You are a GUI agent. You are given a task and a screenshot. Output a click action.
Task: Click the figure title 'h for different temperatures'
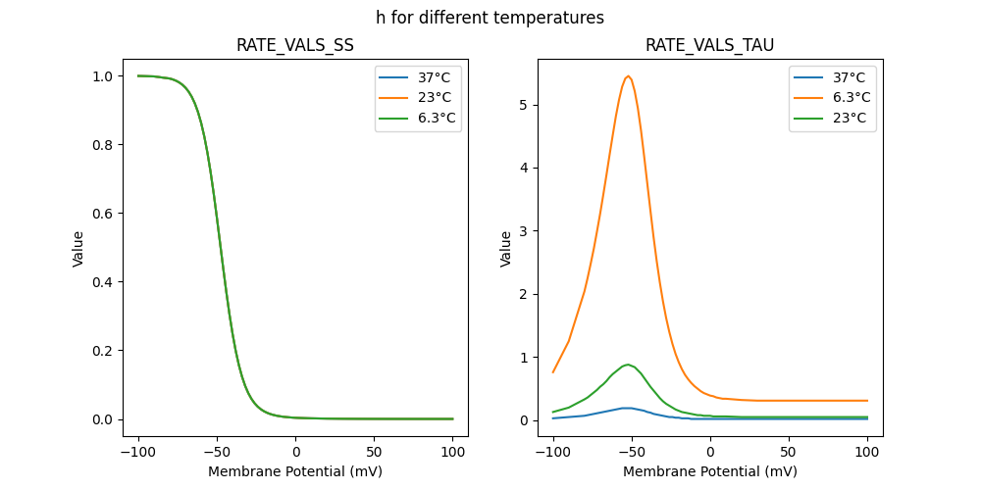[x=490, y=18]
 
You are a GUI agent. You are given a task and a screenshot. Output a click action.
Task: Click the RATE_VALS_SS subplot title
[x=295, y=46]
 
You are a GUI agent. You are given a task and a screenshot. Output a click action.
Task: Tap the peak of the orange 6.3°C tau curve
[x=628, y=76]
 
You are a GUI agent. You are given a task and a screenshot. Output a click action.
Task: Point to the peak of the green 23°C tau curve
[x=628, y=365]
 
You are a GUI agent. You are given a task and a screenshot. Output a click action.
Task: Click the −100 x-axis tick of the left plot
[x=138, y=452]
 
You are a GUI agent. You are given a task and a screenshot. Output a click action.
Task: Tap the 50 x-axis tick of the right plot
[x=788, y=452]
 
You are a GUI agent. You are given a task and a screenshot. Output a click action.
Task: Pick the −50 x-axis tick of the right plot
[x=631, y=452]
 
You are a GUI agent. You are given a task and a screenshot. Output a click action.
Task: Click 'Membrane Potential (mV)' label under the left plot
[x=295, y=471]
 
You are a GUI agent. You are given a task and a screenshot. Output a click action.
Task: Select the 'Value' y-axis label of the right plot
[x=506, y=248]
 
